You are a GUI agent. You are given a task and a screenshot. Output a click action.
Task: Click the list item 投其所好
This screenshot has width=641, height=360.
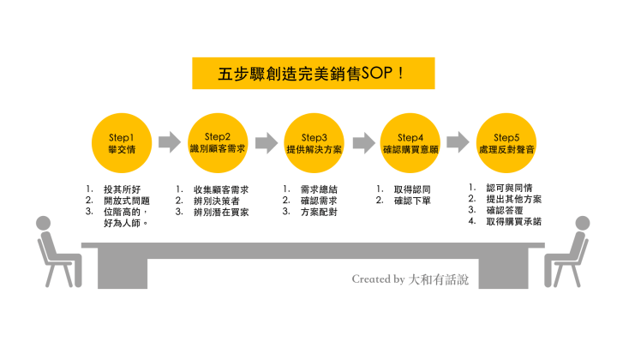120,189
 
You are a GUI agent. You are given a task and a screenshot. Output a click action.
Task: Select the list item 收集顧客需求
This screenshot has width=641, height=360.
221,189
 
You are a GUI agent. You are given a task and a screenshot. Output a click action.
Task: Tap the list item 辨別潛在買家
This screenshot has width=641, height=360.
221,211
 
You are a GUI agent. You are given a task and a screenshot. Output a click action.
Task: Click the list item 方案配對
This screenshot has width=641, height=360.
319,211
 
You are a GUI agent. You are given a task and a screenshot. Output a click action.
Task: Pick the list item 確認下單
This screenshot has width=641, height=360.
411,200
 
